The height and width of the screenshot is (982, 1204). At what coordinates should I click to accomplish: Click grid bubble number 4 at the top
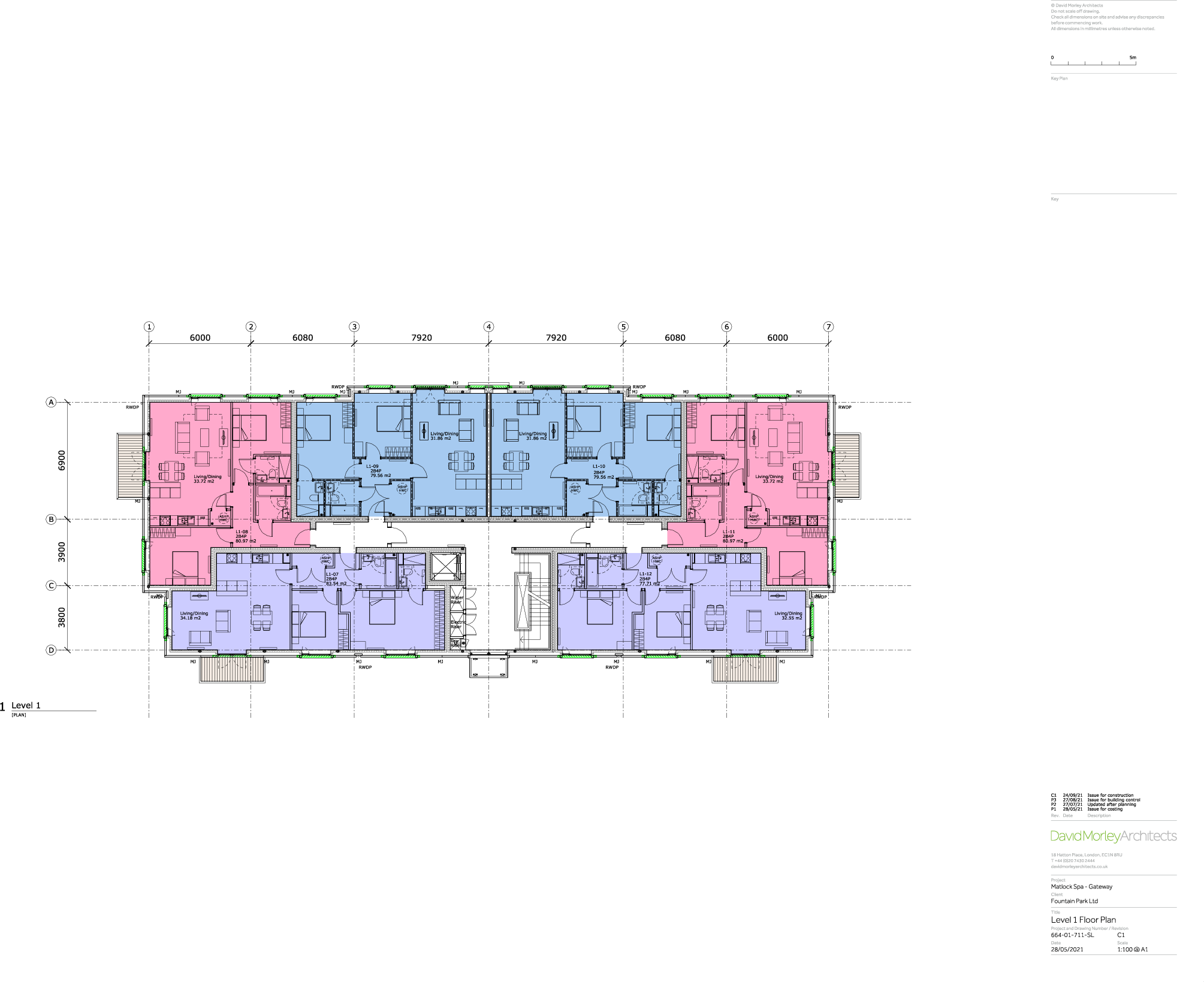489,327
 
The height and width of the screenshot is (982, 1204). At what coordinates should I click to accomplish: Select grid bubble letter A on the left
52,402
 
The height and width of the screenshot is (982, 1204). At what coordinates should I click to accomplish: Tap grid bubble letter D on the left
52,650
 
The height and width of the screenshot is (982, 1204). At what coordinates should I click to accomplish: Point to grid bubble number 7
828,327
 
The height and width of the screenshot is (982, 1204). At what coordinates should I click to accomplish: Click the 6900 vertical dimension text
62,460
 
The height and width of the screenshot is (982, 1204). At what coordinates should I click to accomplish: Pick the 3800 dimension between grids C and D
62,617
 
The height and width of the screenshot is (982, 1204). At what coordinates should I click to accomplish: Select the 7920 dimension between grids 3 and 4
421,338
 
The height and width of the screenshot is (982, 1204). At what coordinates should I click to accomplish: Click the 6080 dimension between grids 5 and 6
675,338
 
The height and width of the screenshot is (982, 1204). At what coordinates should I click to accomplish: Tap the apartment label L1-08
242,532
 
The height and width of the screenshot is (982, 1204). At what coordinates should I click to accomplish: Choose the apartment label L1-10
599,467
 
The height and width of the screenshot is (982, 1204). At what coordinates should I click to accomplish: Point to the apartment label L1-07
332,574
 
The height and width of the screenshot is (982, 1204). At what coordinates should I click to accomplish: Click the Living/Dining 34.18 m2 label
194,615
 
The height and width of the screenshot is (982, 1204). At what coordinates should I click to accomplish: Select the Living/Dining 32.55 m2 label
788,615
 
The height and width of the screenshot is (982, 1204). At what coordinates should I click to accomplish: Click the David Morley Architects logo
1113,836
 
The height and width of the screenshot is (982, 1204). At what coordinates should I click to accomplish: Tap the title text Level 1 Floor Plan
1083,920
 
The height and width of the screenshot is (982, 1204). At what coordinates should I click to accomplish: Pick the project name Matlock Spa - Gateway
1081,887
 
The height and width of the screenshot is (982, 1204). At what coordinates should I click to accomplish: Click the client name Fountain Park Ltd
1074,901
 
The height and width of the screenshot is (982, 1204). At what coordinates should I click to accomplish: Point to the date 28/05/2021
1067,950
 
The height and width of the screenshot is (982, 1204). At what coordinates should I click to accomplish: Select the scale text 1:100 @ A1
1132,950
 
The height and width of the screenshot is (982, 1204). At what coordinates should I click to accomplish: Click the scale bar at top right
1093,62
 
